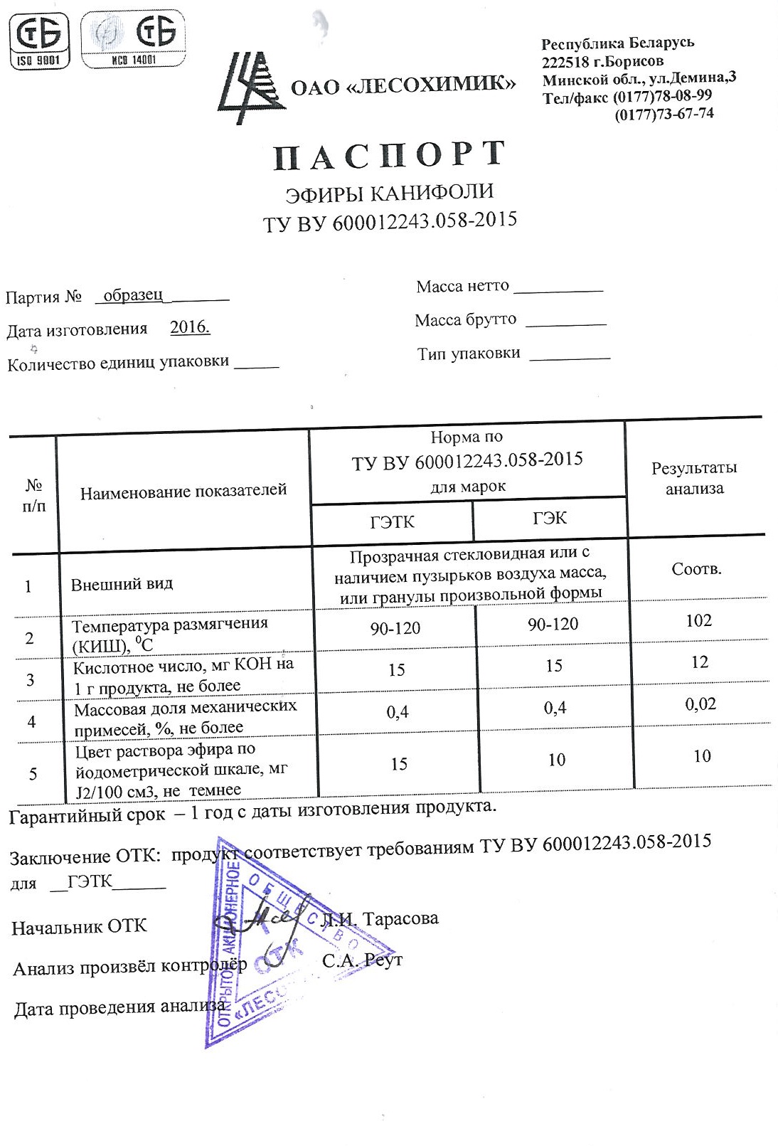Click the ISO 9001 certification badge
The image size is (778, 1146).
[40, 40]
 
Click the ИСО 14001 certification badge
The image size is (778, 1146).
[133, 40]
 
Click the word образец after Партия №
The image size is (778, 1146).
[133, 295]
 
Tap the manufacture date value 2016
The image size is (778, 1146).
[190, 327]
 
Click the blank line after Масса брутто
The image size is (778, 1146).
[565, 322]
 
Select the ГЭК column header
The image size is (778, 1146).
[550, 518]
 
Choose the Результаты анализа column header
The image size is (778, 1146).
[694, 478]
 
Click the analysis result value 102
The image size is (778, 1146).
[698, 620]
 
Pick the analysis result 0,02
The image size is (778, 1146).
[700, 704]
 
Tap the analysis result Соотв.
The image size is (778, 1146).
[696, 569]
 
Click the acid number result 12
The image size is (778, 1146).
[700, 662]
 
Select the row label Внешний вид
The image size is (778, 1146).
[122, 584]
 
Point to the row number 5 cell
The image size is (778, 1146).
[33, 773]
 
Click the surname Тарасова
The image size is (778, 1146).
[400, 918]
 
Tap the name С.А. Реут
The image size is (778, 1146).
[362, 960]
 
